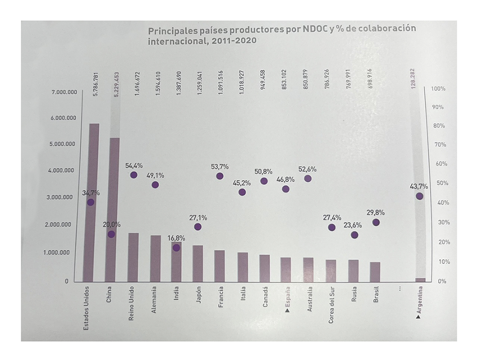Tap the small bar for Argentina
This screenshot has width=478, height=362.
[x=420, y=280]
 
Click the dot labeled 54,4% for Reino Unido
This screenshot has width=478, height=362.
[x=134, y=175]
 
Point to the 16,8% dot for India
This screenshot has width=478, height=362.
[x=176, y=248]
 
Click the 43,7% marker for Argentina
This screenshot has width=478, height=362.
[x=419, y=196]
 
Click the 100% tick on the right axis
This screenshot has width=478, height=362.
[x=438, y=89]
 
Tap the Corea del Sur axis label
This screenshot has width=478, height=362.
[x=331, y=304]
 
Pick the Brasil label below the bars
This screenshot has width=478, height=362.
[x=376, y=295]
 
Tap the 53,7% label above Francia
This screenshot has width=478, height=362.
[x=220, y=166]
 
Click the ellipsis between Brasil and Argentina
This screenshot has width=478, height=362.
[x=399, y=288]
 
